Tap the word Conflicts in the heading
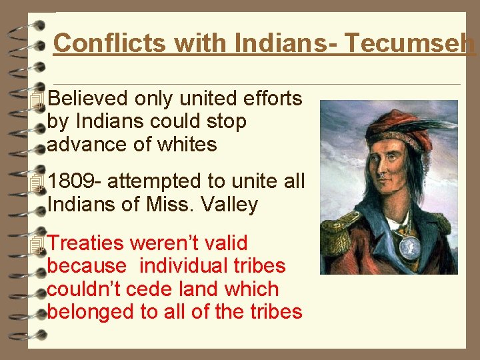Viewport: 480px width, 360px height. (x=107, y=44)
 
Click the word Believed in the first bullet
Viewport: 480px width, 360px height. (x=88, y=99)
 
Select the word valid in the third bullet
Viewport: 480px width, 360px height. (x=225, y=243)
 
